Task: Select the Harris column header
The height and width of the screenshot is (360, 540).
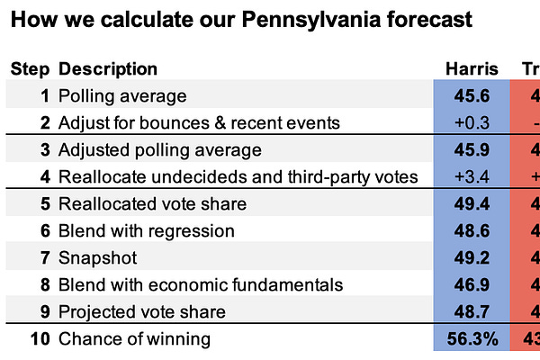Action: click(471, 69)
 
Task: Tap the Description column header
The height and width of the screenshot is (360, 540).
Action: click(107, 69)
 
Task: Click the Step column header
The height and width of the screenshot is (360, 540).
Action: click(30, 69)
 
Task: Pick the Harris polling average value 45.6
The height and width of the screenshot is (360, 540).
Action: click(471, 96)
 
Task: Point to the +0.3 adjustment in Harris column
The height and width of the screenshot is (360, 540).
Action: click(471, 122)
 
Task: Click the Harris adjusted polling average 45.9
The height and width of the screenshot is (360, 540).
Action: click(471, 149)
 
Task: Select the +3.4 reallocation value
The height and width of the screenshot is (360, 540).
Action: click(471, 176)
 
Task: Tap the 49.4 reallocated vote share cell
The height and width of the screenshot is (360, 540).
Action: click(471, 204)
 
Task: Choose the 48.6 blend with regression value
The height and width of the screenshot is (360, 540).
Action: click(471, 231)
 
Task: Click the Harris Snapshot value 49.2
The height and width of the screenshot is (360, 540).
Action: click(471, 258)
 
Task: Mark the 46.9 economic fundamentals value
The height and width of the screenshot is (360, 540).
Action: click(471, 285)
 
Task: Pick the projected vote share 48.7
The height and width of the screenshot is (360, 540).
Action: click(471, 312)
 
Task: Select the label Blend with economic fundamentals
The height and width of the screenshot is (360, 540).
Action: click(200, 285)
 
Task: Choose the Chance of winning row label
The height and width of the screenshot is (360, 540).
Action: click(134, 339)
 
